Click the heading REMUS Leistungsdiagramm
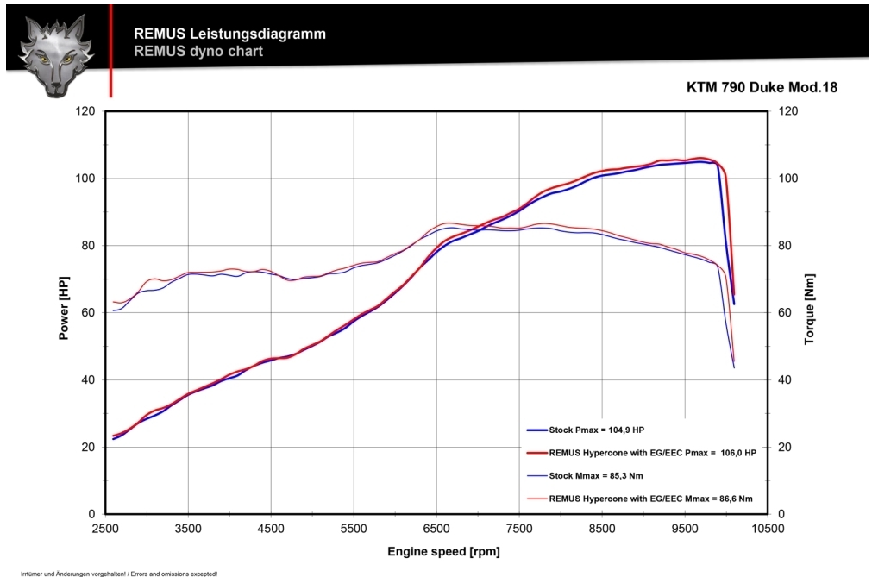click(229, 34)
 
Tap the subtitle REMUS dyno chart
click(198, 51)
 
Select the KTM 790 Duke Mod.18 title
click(762, 87)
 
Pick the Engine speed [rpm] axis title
click(443, 551)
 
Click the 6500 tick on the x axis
click(436, 528)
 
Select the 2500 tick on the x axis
click(105, 528)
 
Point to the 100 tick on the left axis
click(85, 179)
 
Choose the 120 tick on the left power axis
click(85, 111)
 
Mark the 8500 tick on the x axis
click(602, 528)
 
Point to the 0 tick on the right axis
click(782, 514)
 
